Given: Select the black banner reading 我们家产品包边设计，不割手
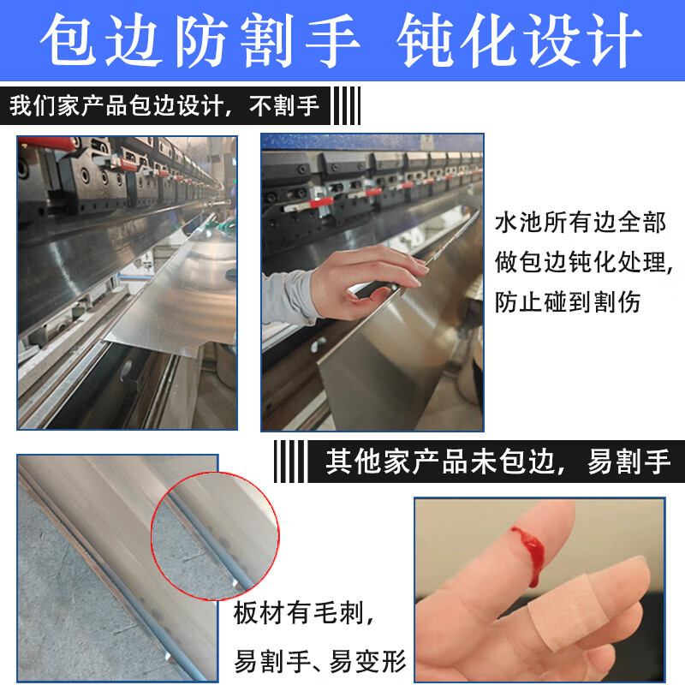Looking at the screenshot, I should pos(164,107).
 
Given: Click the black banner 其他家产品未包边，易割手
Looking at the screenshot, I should pos(497,462).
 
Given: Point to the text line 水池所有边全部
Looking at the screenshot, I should pos(580,224).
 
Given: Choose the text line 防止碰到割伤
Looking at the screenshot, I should pos(568,301).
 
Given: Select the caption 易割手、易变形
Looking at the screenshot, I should pos(319,661).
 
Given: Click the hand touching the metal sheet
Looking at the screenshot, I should pos(377,274).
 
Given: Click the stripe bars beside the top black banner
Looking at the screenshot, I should pos(345,107).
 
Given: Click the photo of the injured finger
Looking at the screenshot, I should pos(539,591).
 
